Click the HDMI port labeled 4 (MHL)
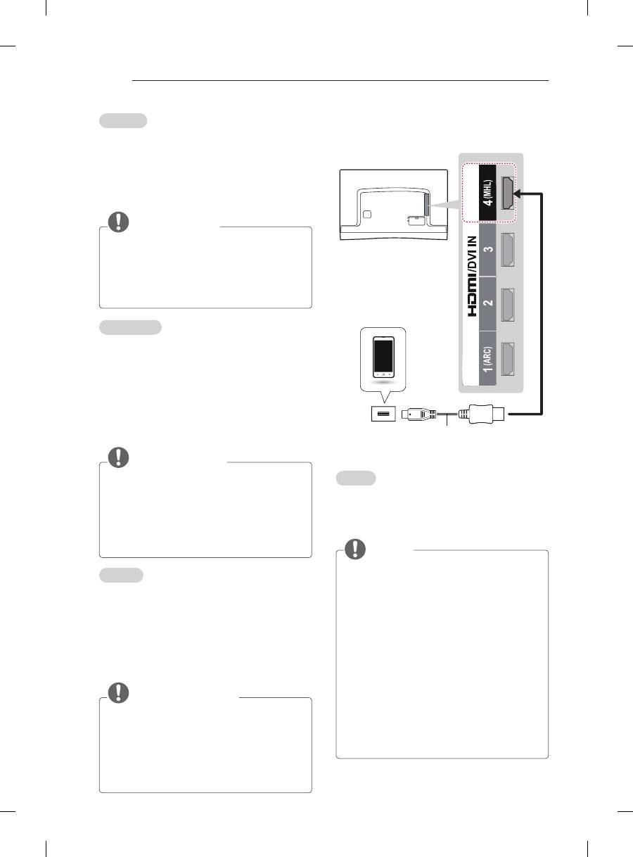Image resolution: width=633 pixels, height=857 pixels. pyautogui.click(x=508, y=193)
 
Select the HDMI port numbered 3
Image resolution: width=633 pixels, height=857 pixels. pyautogui.click(x=508, y=250)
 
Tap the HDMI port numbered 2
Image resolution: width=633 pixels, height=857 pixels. pyautogui.click(x=508, y=305)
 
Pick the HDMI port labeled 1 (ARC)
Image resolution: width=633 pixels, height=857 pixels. pyautogui.click(x=508, y=359)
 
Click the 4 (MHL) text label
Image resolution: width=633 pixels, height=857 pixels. pyautogui.click(x=488, y=192)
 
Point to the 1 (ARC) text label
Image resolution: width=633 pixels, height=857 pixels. pyautogui.click(x=488, y=359)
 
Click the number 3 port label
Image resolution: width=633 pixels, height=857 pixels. pyautogui.click(x=489, y=249)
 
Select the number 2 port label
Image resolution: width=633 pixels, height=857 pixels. pyautogui.click(x=489, y=303)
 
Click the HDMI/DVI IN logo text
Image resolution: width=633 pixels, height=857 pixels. pyautogui.click(x=473, y=277)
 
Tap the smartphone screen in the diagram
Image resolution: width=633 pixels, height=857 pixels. pyautogui.click(x=383, y=356)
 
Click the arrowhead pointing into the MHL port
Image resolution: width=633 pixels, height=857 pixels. pyautogui.click(x=518, y=193)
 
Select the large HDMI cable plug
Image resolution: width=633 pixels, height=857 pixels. pyautogui.click(x=482, y=414)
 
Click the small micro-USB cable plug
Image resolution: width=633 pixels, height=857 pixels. pyautogui.click(x=418, y=414)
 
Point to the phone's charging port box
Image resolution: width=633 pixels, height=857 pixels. pyautogui.click(x=383, y=414)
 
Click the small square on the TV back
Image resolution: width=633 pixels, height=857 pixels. pyautogui.click(x=367, y=215)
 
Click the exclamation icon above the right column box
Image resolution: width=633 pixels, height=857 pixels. pyautogui.click(x=355, y=549)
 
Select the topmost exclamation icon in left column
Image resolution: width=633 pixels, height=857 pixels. pyautogui.click(x=118, y=222)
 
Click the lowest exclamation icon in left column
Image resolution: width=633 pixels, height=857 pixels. pyautogui.click(x=118, y=692)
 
